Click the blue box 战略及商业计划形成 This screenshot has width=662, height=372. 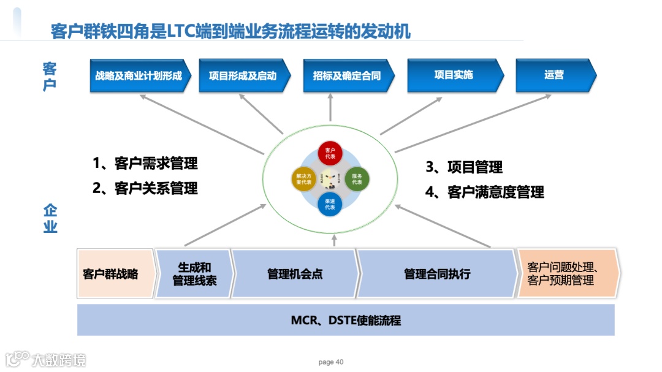[x=139, y=76]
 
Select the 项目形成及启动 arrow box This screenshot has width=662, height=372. [x=243, y=76]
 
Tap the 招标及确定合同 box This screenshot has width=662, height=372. [x=347, y=76]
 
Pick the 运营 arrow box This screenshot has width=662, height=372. [x=554, y=75]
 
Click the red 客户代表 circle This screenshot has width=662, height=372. [x=330, y=153]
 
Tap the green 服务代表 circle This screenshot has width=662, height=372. [x=357, y=179]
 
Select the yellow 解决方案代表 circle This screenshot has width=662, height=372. [x=303, y=179]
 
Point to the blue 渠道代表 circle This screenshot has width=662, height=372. [x=330, y=204]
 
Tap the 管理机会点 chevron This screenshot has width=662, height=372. [x=294, y=273]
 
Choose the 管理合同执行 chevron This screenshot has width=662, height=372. [x=436, y=273]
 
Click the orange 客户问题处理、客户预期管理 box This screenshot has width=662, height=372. [x=567, y=273]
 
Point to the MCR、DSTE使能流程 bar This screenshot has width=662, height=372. [x=346, y=320]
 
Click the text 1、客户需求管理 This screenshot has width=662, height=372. [x=145, y=164]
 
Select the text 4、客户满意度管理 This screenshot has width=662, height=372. [x=484, y=192]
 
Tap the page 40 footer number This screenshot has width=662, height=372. [x=331, y=362]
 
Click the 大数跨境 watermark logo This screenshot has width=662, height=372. [x=46, y=359]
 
